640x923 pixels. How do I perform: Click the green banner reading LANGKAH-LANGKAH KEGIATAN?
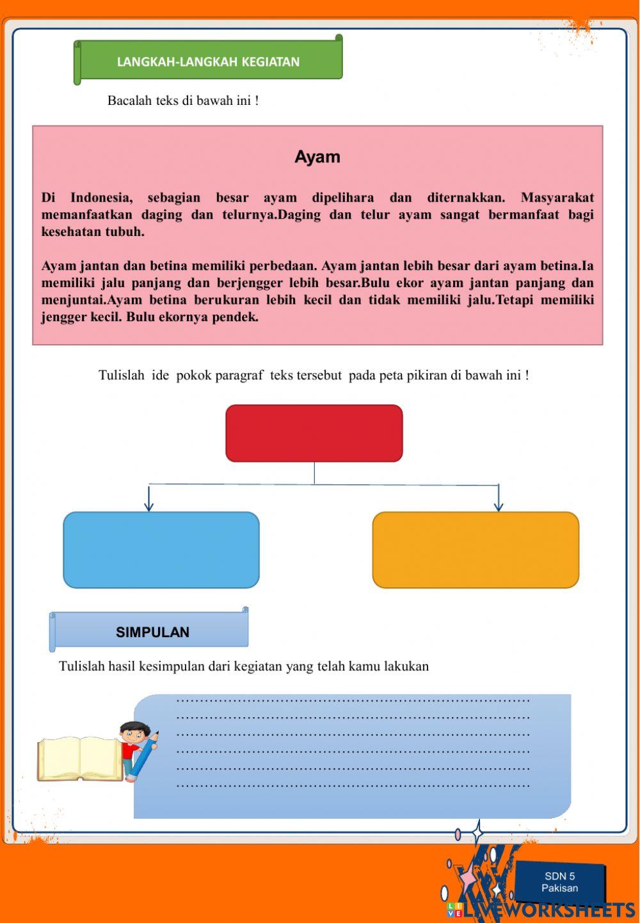pyautogui.click(x=208, y=61)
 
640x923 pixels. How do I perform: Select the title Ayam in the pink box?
pyautogui.click(x=317, y=157)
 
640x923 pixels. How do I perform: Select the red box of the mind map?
pyautogui.click(x=314, y=433)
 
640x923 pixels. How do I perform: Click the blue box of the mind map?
pyautogui.click(x=161, y=549)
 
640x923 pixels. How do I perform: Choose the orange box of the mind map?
pyautogui.click(x=476, y=549)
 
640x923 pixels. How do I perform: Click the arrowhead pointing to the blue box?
pyautogui.click(x=149, y=507)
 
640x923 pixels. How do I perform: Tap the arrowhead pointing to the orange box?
pyautogui.click(x=499, y=507)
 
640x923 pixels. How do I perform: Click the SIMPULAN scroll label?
pyautogui.click(x=152, y=632)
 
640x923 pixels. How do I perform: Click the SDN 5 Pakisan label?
pyautogui.click(x=559, y=882)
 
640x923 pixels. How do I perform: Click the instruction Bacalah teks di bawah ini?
pyautogui.click(x=183, y=100)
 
